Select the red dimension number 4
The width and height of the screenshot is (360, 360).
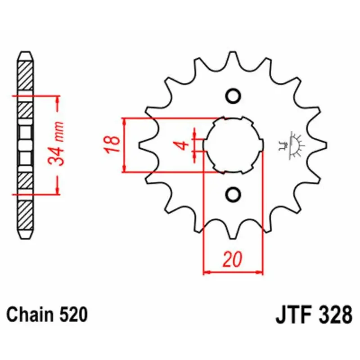[182, 144]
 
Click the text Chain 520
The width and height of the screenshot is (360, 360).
[47, 314]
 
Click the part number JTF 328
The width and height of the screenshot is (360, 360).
[313, 314]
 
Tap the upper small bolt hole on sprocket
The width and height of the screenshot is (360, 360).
[233, 96]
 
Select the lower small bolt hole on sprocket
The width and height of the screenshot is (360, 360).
[233, 194]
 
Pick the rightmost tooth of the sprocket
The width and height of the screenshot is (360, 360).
[320, 145]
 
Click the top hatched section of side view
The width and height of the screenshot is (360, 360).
[25, 74]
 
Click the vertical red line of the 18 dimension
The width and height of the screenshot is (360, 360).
[124, 145]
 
